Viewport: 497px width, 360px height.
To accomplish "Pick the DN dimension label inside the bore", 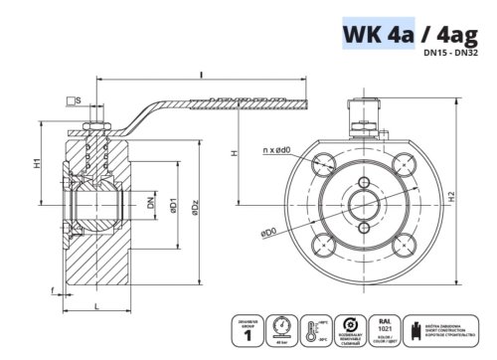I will click(150, 203).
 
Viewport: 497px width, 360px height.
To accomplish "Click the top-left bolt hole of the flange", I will click(325, 163).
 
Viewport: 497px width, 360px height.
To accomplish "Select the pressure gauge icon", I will click(286, 326).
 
